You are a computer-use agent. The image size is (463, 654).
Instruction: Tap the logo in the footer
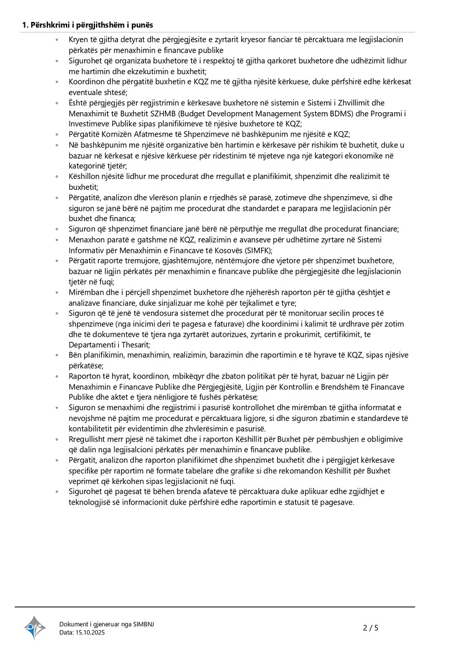(x=35, y=627)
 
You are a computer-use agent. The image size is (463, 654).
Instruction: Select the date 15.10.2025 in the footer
(x=90, y=633)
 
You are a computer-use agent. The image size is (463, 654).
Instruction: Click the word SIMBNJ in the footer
(x=143, y=624)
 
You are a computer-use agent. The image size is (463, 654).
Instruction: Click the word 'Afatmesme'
(x=148, y=134)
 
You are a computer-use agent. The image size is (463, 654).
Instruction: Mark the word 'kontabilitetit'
(x=95, y=429)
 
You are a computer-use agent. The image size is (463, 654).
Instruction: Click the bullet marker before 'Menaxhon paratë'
(x=57, y=240)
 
